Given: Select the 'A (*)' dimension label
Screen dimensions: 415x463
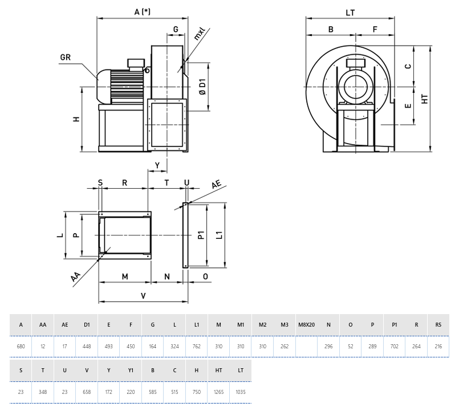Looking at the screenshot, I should (143, 11).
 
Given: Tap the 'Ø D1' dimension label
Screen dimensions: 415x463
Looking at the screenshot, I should (202, 86).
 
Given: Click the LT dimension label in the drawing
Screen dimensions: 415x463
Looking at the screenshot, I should (351, 11).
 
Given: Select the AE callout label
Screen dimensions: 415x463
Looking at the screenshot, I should (216, 184).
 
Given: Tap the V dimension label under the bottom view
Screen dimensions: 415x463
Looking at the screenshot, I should (143, 295).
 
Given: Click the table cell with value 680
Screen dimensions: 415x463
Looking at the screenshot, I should (21, 347).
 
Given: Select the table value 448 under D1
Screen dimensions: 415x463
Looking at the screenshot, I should (87, 347).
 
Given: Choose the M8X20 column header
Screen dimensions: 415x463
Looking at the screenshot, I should (306, 325).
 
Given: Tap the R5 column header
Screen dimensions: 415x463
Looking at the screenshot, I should (438, 325).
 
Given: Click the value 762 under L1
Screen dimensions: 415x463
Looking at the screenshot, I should (196, 347).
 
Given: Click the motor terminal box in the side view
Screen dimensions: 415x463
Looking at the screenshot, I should (136, 63).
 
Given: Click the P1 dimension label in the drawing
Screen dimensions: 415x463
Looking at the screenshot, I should (201, 235).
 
